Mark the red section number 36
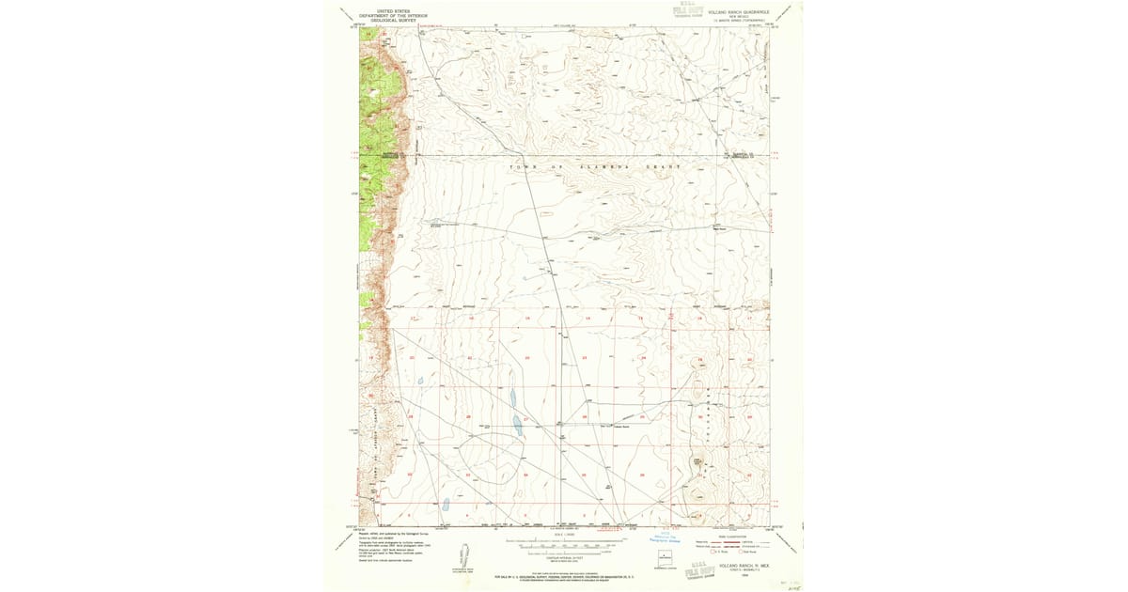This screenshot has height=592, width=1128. point(642,475)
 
